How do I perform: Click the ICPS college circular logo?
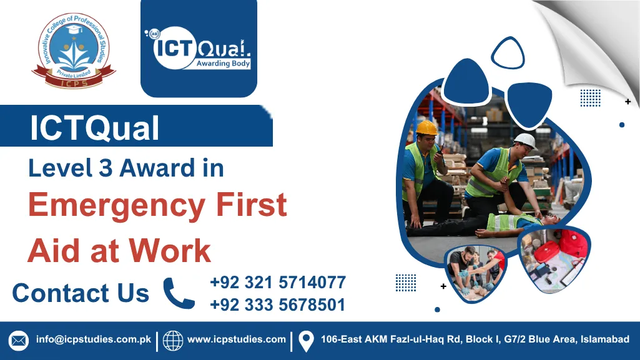click(74, 52)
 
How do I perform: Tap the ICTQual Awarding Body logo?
click(199, 48)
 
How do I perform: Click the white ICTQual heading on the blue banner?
click(94, 129)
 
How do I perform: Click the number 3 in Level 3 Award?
click(104, 168)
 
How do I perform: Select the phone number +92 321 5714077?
click(278, 283)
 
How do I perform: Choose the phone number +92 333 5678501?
click(278, 304)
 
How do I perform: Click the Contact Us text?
click(81, 293)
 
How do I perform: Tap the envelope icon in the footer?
click(19, 341)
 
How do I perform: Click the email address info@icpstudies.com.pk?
click(94, 340)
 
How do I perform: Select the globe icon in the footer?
click(173, 341)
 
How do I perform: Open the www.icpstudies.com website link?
click(237, 340)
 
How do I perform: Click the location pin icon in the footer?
click(306, 341)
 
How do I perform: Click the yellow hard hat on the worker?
click(427, 127)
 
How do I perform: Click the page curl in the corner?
click(599, 31)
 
